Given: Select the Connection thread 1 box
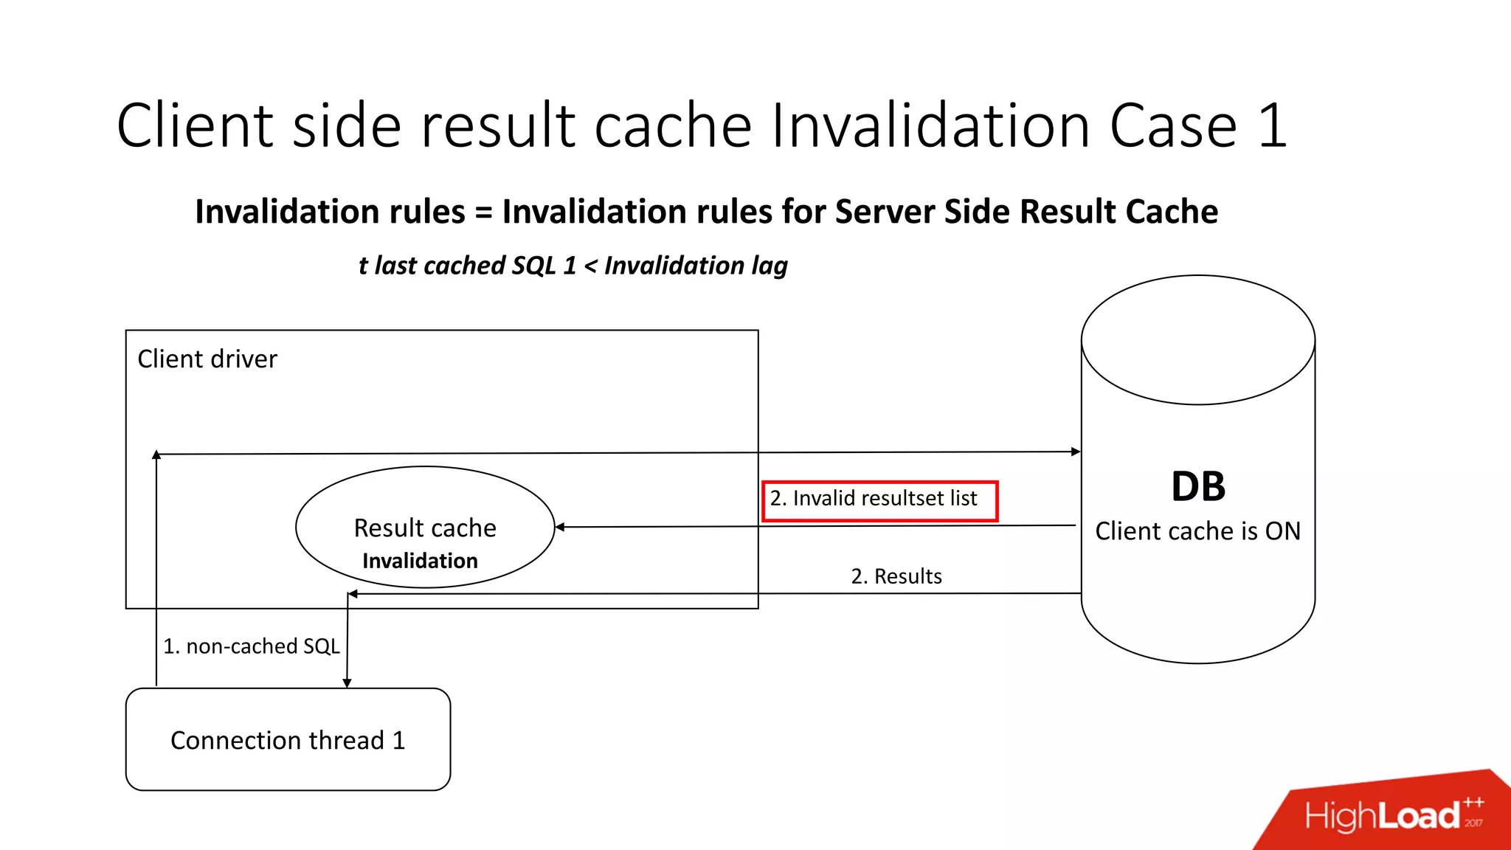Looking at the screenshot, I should [288, 739].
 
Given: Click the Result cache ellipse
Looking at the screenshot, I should [425, 528].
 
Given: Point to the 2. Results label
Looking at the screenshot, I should [896, 576].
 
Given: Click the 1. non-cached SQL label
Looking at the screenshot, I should [251, 646].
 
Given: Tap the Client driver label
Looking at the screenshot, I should [207, 359].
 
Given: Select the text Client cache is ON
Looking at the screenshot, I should [1197, 531].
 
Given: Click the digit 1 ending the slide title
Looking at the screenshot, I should [1273, 126].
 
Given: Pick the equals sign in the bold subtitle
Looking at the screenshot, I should [483, 212].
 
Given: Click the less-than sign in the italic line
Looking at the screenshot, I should [590, 266].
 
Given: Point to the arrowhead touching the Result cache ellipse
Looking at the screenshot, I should [560, 527].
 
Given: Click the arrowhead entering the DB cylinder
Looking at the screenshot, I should [1076, 451].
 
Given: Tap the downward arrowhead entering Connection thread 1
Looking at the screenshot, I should [347, 683].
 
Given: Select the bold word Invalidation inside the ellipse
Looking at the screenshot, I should [420, 561].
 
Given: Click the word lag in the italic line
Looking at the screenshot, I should [770, 266].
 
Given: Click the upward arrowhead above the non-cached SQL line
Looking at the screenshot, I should [156, 455].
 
